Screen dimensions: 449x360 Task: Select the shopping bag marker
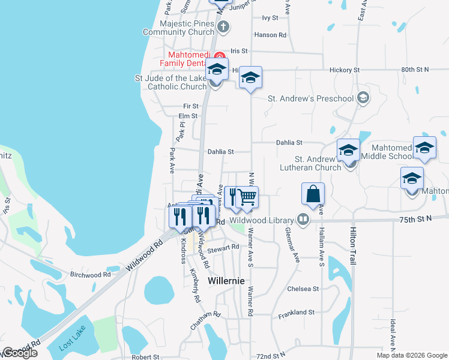coord(313,194)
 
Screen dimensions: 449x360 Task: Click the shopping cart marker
coord(247,196)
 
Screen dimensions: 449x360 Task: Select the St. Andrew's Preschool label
coord(310,98)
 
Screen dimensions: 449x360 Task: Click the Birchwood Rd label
coord(91,274)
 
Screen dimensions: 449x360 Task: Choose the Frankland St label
coord(297,312)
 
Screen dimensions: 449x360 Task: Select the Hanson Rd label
coord(270,35)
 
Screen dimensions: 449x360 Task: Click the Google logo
coord(19,353)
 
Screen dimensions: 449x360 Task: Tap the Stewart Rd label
coord(223,247)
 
